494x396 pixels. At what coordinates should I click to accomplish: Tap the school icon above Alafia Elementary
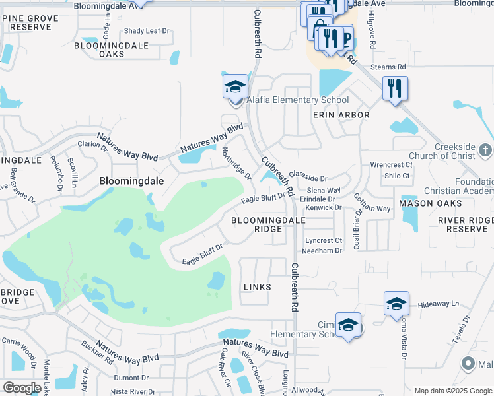point(234,87)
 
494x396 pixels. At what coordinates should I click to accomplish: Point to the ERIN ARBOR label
point(341,115)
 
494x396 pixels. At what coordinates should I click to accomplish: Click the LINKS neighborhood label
point(258,286)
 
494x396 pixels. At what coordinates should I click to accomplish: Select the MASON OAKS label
point(424,203)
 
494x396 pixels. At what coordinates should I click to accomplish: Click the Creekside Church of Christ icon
point(485,149)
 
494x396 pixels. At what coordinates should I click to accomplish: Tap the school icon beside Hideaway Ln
point(396,304)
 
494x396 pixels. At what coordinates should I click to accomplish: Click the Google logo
point(22,387)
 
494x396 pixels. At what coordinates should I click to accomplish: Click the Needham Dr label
point(322,251)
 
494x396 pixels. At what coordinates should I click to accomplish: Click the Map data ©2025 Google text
point(452,391)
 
